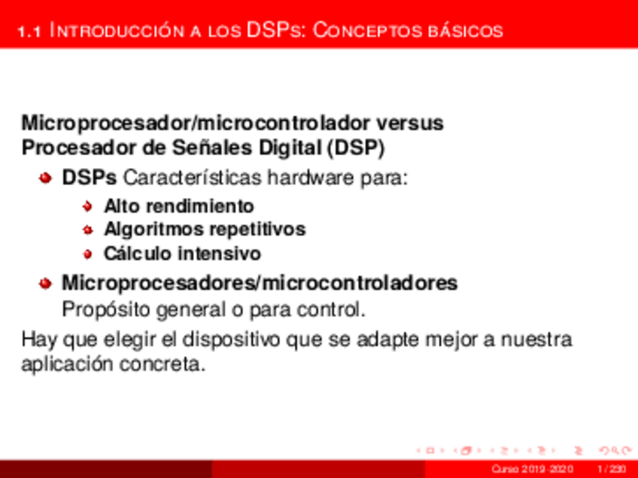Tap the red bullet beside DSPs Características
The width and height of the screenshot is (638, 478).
(x=46, y=179)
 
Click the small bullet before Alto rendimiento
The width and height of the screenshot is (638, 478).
(x=87, y=206)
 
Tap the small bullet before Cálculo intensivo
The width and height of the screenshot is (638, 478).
(x=87, y=254)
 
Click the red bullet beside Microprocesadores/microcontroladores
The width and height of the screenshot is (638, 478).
(x=46, y=284)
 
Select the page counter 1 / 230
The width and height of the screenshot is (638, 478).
(x=611, y=470)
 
